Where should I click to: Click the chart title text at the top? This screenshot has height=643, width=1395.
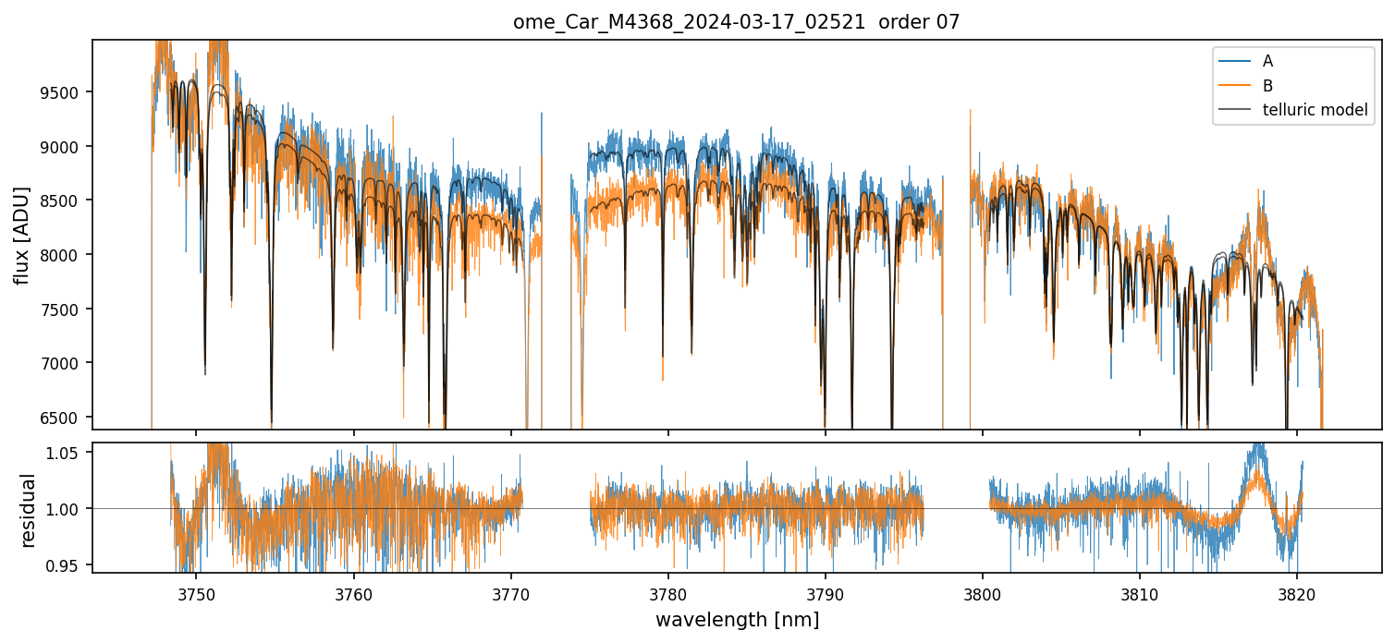[736, 22]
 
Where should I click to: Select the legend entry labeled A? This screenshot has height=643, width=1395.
[1267, 61]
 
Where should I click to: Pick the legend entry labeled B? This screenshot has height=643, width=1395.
[1267, 86]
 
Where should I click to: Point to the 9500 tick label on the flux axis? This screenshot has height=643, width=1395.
[61, 92]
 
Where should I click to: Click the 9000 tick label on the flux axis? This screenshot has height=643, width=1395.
[61, 147]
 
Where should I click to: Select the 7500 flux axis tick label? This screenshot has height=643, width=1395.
[61, 309]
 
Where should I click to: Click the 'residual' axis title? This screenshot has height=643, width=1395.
[28, 510]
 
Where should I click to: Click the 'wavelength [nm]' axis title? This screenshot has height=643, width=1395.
[737, 620]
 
